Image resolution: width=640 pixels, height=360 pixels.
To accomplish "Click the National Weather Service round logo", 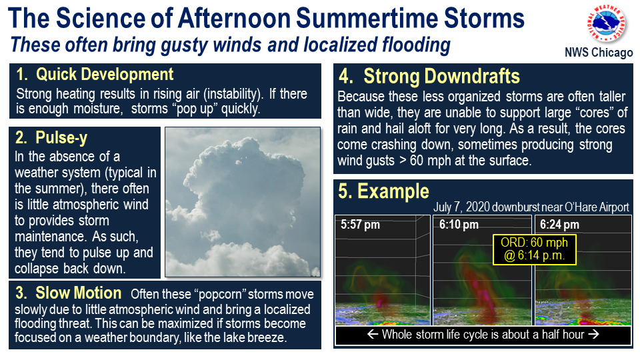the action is point(607,23).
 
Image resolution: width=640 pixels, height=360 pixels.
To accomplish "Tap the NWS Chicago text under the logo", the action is point(599,53).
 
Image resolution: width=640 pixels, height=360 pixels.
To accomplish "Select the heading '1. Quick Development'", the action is point(95,74).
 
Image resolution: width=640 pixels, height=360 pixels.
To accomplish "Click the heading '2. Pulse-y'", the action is point(51,138).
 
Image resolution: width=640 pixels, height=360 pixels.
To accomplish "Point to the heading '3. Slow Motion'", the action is point(68,293).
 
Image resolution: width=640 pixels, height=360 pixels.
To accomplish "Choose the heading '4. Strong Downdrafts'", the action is point(429,76).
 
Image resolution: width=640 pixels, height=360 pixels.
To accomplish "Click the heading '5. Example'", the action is point(384,191).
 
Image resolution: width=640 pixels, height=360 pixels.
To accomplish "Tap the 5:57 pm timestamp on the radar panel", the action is point(361,225).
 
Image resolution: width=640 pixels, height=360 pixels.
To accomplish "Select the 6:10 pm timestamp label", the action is point(459,225).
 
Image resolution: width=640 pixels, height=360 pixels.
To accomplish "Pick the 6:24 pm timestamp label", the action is point(559,225).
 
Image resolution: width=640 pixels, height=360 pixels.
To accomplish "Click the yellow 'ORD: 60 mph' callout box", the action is point(534,249).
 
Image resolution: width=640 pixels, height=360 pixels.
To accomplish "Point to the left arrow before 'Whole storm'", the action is point(373,334).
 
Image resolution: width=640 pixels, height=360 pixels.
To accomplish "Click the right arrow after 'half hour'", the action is point(593,334).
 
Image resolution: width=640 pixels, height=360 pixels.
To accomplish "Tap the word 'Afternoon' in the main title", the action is point(234,19).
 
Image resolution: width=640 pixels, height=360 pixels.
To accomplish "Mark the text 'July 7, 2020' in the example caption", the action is point(461,207).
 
